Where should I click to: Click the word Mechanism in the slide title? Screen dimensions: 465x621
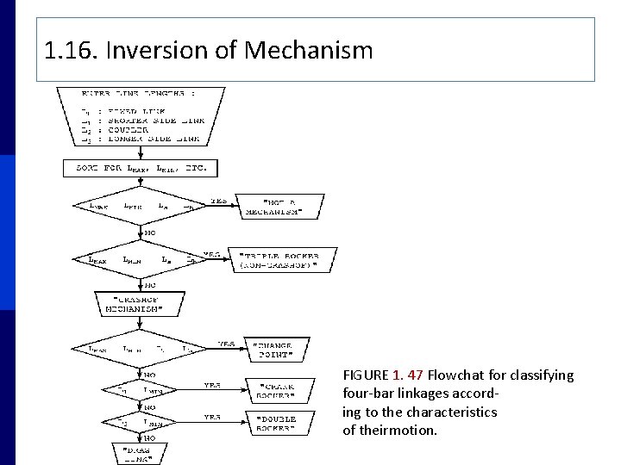[309, 51]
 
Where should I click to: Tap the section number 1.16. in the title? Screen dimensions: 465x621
[72, 51]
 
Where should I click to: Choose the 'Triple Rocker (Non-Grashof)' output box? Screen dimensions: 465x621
[279, 261]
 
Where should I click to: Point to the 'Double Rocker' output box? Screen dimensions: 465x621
[277, 422]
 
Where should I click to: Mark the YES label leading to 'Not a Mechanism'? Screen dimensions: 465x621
[218, 201]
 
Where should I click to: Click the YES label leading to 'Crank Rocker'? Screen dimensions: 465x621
[212, 385]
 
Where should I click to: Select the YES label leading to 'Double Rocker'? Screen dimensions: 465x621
[212, 417]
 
